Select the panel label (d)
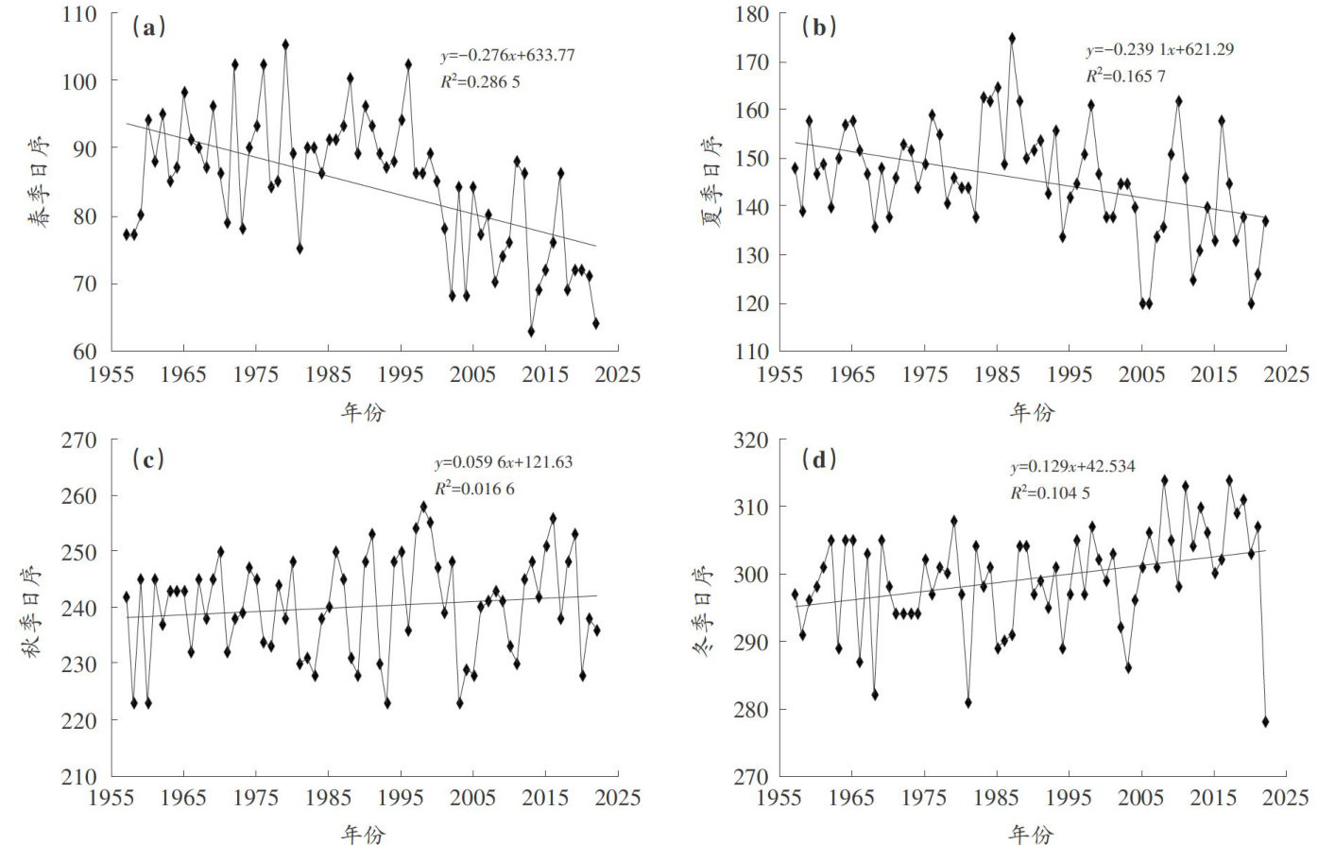818,459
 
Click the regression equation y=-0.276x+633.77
506,56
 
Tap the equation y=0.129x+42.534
1072,466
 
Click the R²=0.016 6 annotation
474,488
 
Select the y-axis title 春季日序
38,181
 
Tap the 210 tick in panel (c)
80,776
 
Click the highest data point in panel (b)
1012,39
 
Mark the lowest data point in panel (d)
1265,721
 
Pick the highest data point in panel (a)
285,44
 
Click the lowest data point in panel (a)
531,331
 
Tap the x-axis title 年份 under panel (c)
363,834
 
